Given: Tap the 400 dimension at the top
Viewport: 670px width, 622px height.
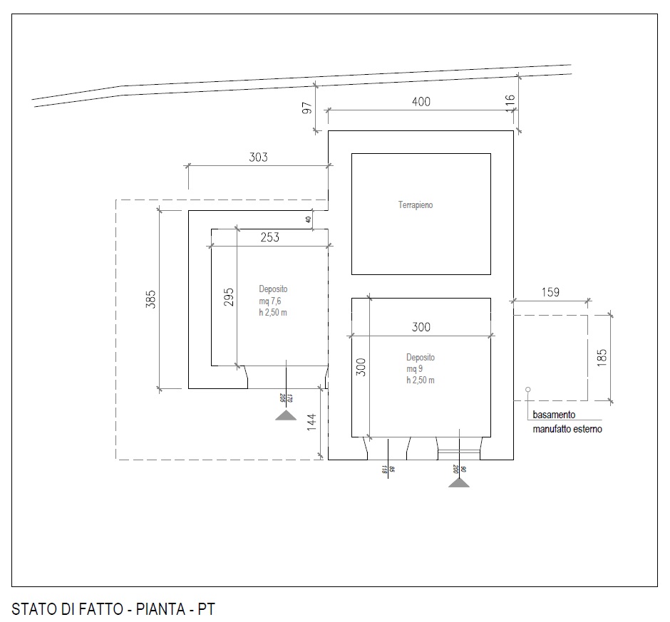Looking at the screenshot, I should (x=421, y=102).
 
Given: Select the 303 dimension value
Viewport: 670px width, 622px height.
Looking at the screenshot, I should (x=258, y=157).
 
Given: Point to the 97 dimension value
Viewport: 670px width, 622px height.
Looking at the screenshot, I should (x=307, y=108).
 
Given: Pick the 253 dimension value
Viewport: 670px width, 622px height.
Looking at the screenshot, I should (x=269, y=238).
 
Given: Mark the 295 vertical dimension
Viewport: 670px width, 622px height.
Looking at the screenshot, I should (x=228, y=296).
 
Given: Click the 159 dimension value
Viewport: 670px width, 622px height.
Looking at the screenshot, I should (x=550, y=292).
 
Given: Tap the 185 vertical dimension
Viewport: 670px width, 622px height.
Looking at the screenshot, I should (x=602, y=357).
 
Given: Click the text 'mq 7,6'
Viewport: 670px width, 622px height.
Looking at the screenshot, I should (x=272, y=301).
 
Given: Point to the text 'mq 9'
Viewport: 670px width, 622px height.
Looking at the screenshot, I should (x=415, y=369).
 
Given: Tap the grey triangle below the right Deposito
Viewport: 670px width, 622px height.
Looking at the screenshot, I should (x=459, y=482).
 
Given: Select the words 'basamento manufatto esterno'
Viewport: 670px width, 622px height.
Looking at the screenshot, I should (x=567, y=422).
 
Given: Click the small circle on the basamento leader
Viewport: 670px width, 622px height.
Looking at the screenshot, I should (x=527, y=390).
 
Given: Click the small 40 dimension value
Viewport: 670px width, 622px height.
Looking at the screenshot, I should (x=308, y=220).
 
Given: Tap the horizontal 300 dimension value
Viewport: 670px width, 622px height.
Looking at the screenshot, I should (x=421, y=328).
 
